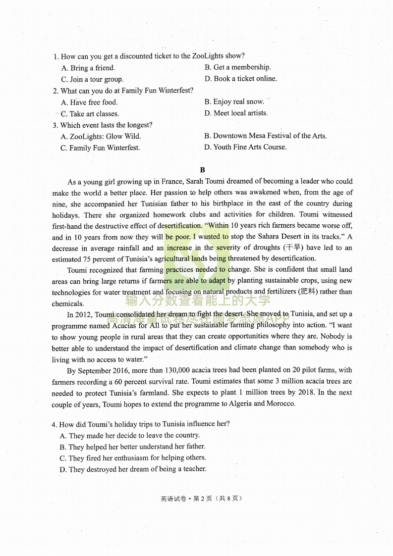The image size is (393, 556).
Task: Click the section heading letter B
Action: coord(202,170)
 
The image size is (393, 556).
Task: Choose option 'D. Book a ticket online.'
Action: coord(240,79)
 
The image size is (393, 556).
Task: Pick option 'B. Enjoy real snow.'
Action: coord(234,102)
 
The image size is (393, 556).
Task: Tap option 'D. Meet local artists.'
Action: coord(236,113)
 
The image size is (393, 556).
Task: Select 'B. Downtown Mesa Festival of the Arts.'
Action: coord(265,136)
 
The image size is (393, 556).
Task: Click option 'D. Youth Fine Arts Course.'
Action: coord(245,147)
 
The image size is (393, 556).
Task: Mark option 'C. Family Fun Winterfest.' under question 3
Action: coord(100,148)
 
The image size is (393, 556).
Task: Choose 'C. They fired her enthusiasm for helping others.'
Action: coord(132,458)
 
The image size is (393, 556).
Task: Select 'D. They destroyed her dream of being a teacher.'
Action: coord(132,469)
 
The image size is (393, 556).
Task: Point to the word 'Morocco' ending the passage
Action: coord(280,404)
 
